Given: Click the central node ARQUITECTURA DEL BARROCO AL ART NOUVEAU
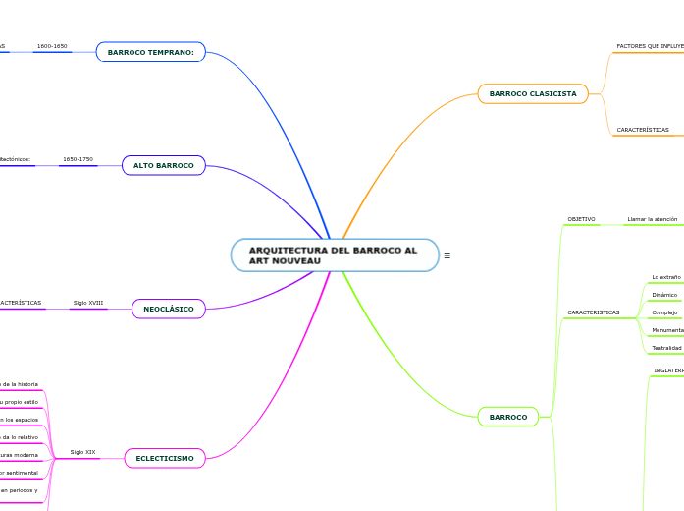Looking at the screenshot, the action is coord(335,255).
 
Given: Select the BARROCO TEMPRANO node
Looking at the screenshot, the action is coord(150,52).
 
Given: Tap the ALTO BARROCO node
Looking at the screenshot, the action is coord(163,166).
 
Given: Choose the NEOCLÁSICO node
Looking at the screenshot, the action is coord(168,310).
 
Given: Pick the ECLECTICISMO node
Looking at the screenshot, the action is coord(164,458).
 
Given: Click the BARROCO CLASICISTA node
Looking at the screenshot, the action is coord(532,94).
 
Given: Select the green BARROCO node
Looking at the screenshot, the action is coord(507,418).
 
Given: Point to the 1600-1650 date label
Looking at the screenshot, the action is coord(52,46).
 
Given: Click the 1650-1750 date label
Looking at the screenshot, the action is coord(78,159).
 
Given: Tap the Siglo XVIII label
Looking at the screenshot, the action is coord(87,303).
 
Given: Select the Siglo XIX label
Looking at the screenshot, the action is coord(82,452).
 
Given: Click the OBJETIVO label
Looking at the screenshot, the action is coord(581,219).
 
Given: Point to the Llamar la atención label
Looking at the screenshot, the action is coord(652,219).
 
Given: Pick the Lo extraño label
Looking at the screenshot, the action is coord(666,277).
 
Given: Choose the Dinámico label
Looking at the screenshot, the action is coord(664,295).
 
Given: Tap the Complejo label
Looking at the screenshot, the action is coord(664,312).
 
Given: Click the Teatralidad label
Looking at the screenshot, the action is coord(666,348).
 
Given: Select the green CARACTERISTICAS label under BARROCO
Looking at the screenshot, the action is coord(593,312).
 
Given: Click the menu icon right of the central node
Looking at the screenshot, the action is coord(447,255).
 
